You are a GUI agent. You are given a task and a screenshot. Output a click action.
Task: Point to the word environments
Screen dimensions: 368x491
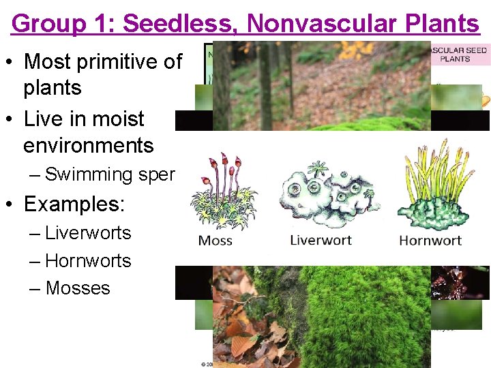(x=89, y=145)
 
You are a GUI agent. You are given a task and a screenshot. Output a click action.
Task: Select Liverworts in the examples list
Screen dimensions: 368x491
(x=88, y=233)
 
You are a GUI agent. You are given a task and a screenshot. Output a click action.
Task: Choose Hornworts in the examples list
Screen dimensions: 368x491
(x=88, y=261)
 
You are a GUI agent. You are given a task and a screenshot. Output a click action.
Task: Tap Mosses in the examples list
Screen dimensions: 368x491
(x=78, y=288)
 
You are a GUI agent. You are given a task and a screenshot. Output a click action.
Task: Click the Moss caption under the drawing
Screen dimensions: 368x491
(x=215, y=240)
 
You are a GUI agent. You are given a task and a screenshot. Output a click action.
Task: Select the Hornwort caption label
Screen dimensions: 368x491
(x=430, y=240)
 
